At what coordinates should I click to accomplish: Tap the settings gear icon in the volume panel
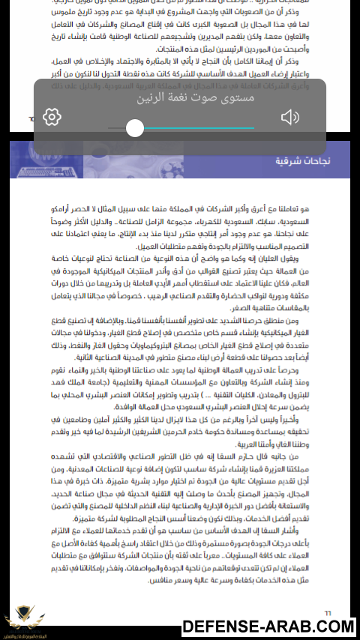click(52, 117)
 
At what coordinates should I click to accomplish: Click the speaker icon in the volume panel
click(290, 117)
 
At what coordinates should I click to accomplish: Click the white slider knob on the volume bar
click(135, 128)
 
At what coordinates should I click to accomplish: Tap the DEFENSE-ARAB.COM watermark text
click(268, 627)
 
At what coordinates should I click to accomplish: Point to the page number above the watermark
click(327, 612)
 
